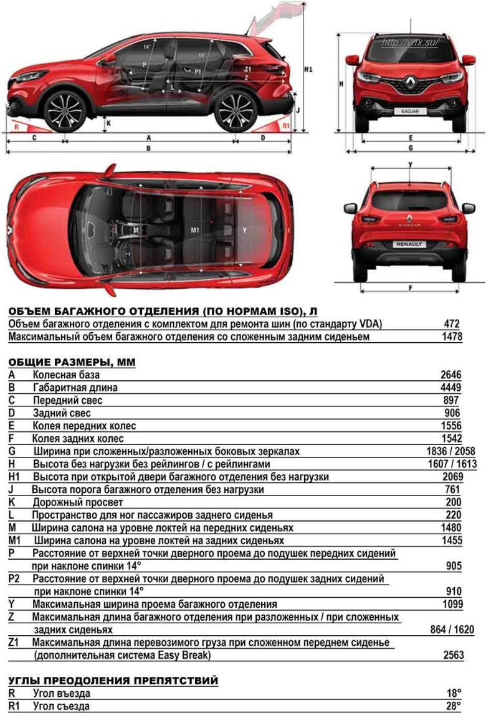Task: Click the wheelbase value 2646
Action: click(450, 375)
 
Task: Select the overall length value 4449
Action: click(450, 388)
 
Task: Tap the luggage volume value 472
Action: click(452, 324)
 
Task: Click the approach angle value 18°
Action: click(454, 693)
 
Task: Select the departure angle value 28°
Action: click(454, 706)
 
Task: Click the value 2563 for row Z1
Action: click(452, 655)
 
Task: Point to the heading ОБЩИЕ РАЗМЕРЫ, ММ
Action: click(72, 362)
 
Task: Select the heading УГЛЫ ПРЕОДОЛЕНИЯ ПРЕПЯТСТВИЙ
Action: click(113, 681)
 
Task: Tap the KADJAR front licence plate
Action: click(409, 111)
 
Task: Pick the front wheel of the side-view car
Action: click(65, 111)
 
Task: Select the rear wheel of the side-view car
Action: click(235, 111)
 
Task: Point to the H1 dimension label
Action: click(308, 69)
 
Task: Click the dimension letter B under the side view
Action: click(148, 148)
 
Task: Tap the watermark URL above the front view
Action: click(409, 42)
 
